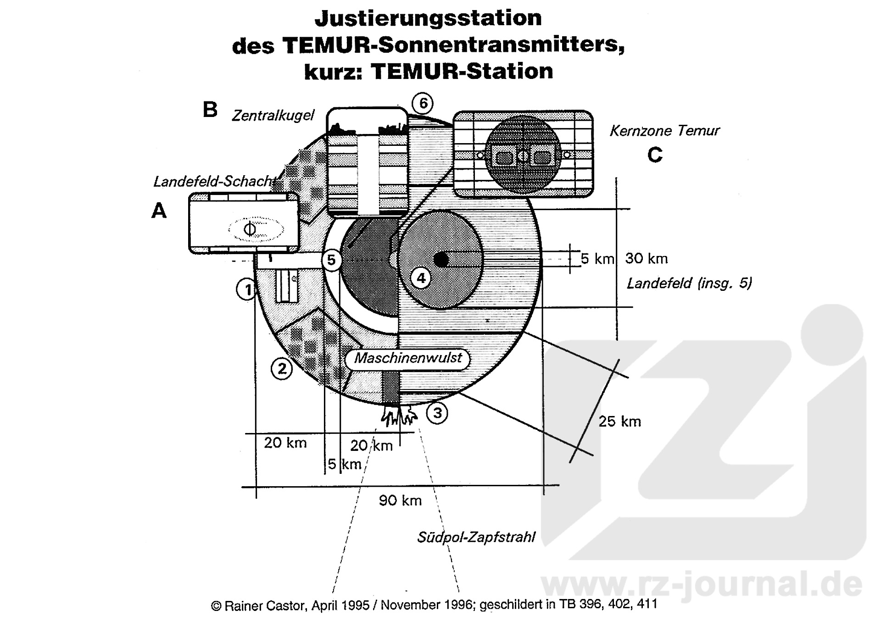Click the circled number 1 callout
(x=247, y=289)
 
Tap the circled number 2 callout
(x=282, y=368)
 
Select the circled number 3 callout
(x=437, y=413)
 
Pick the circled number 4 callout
(x=421, y=278)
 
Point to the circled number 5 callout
(x=331, y=260)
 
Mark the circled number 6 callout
(x=423, y=104)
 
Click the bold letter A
(x=159, y=211)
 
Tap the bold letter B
(x=210, y=110)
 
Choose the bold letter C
(x=655, y=155)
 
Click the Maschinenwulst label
(x=407, y=358)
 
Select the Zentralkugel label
(x=273, y=115)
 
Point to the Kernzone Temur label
(x=664, y=131)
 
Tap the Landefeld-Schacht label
(x=215, y=182)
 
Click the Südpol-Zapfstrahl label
(x=476, y=537)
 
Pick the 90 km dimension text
(x=400, y=500)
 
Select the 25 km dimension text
(x=619, y=421)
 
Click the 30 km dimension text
(x=646, y=258)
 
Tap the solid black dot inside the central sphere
(x=441, y=260)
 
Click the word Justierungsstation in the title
(x=428, y=18)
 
